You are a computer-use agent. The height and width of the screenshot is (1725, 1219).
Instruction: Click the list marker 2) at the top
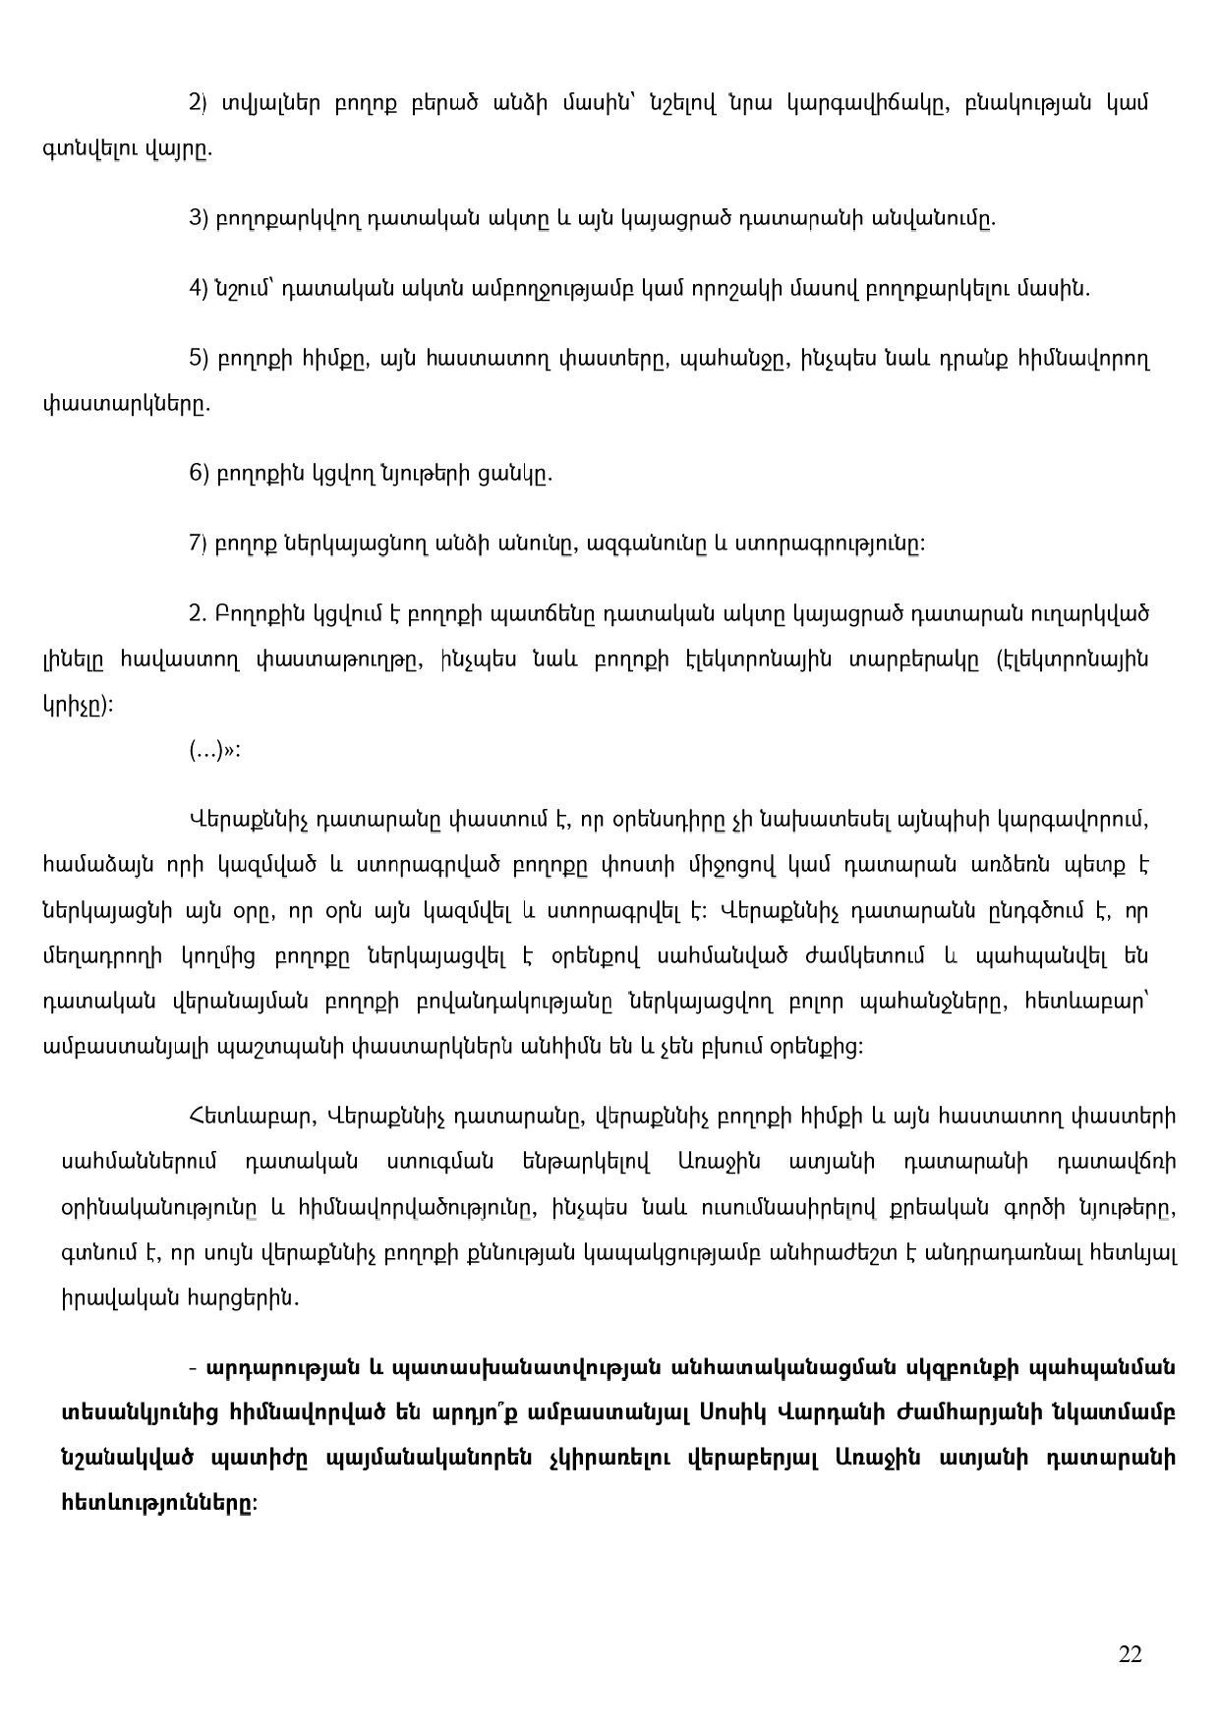point(197,102)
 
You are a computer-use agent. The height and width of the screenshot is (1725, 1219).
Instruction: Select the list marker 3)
point(197,218)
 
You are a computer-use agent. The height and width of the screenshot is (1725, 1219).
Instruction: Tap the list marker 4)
point(197,289)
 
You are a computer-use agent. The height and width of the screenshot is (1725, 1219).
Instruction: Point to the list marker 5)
point(197,359)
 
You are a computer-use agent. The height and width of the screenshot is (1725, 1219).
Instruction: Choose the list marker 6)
point(197,474)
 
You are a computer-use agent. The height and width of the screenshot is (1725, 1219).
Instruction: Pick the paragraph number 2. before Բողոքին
point(196,614)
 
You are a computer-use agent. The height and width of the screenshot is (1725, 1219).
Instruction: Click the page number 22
point(1130,1654)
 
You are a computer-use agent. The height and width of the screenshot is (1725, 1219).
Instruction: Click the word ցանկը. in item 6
point(515,474)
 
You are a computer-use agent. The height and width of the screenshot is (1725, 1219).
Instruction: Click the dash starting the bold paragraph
point(195,1368)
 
